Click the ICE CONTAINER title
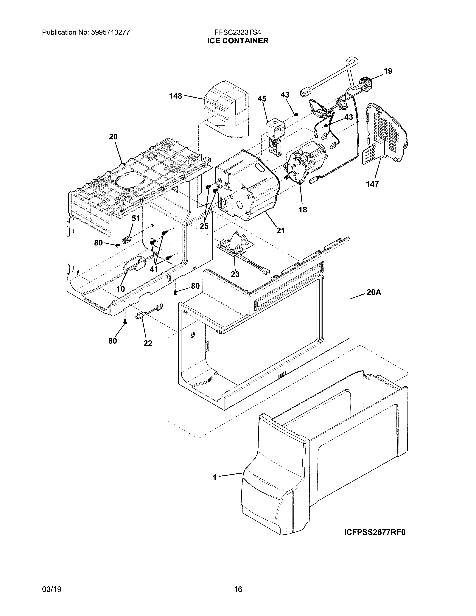(x=238, y=41)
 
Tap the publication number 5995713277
(x=110, y=32)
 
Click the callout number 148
(x=175, y=96)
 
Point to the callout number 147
(x=372, y=184)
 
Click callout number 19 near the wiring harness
(x=388, y=71)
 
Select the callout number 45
(x=262, y=99)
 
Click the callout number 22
(x=148, y=343)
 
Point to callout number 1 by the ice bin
(x=215, y=477)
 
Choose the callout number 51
(x=136, y=219)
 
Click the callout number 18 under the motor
(x=303, y=210)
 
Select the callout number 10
(x=121, y=289)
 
